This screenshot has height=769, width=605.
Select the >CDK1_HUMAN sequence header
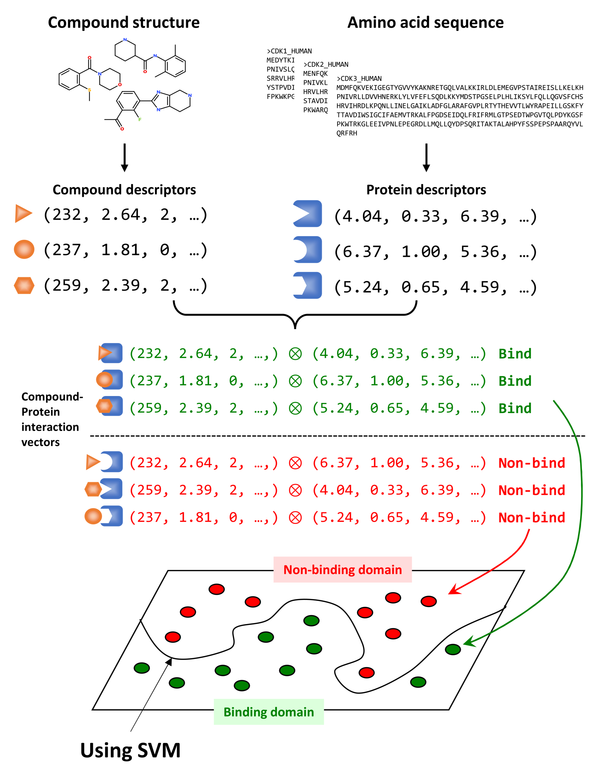289,51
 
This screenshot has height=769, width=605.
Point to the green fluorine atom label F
140,120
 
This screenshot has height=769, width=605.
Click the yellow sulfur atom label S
89,90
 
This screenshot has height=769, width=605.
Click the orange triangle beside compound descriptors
23,213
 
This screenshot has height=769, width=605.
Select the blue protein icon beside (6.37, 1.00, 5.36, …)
307,250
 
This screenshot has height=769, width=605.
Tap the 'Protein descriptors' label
426,190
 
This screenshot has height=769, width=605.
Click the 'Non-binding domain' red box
343,570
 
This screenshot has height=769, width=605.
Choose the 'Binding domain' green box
269,712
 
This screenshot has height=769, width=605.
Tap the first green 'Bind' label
515,354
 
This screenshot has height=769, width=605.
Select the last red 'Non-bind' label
531,517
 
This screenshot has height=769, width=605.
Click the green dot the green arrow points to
453,649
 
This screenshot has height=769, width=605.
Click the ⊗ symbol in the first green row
295,354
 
